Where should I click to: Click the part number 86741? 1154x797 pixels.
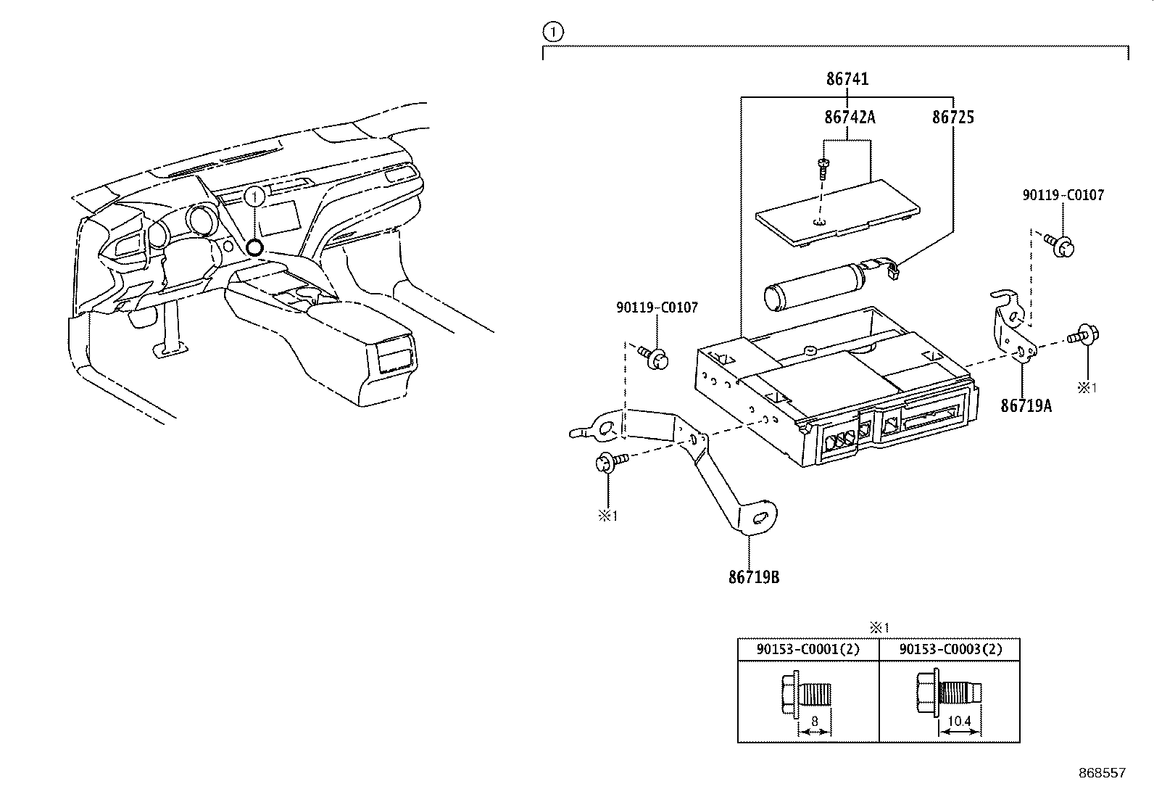coord(847,79)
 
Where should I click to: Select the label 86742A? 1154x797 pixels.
coord(849,117)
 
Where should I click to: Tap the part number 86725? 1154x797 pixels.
coord(952,117)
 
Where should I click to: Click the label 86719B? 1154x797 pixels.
coord(754,578)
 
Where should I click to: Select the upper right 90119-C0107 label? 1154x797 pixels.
coord(1063,195)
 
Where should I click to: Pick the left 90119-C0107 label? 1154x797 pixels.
coord(657,307)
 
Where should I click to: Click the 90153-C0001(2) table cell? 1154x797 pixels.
coord(808,650)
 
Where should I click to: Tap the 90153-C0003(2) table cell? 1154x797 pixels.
coord(950,650)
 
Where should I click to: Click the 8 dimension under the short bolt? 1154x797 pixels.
coord(815,722)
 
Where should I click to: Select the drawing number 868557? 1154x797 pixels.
coord(1101,773)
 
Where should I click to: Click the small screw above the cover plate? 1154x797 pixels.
coord(823,169)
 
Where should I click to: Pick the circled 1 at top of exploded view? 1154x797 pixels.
coord(552,31)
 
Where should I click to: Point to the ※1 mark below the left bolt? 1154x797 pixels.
coord(606,516)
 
